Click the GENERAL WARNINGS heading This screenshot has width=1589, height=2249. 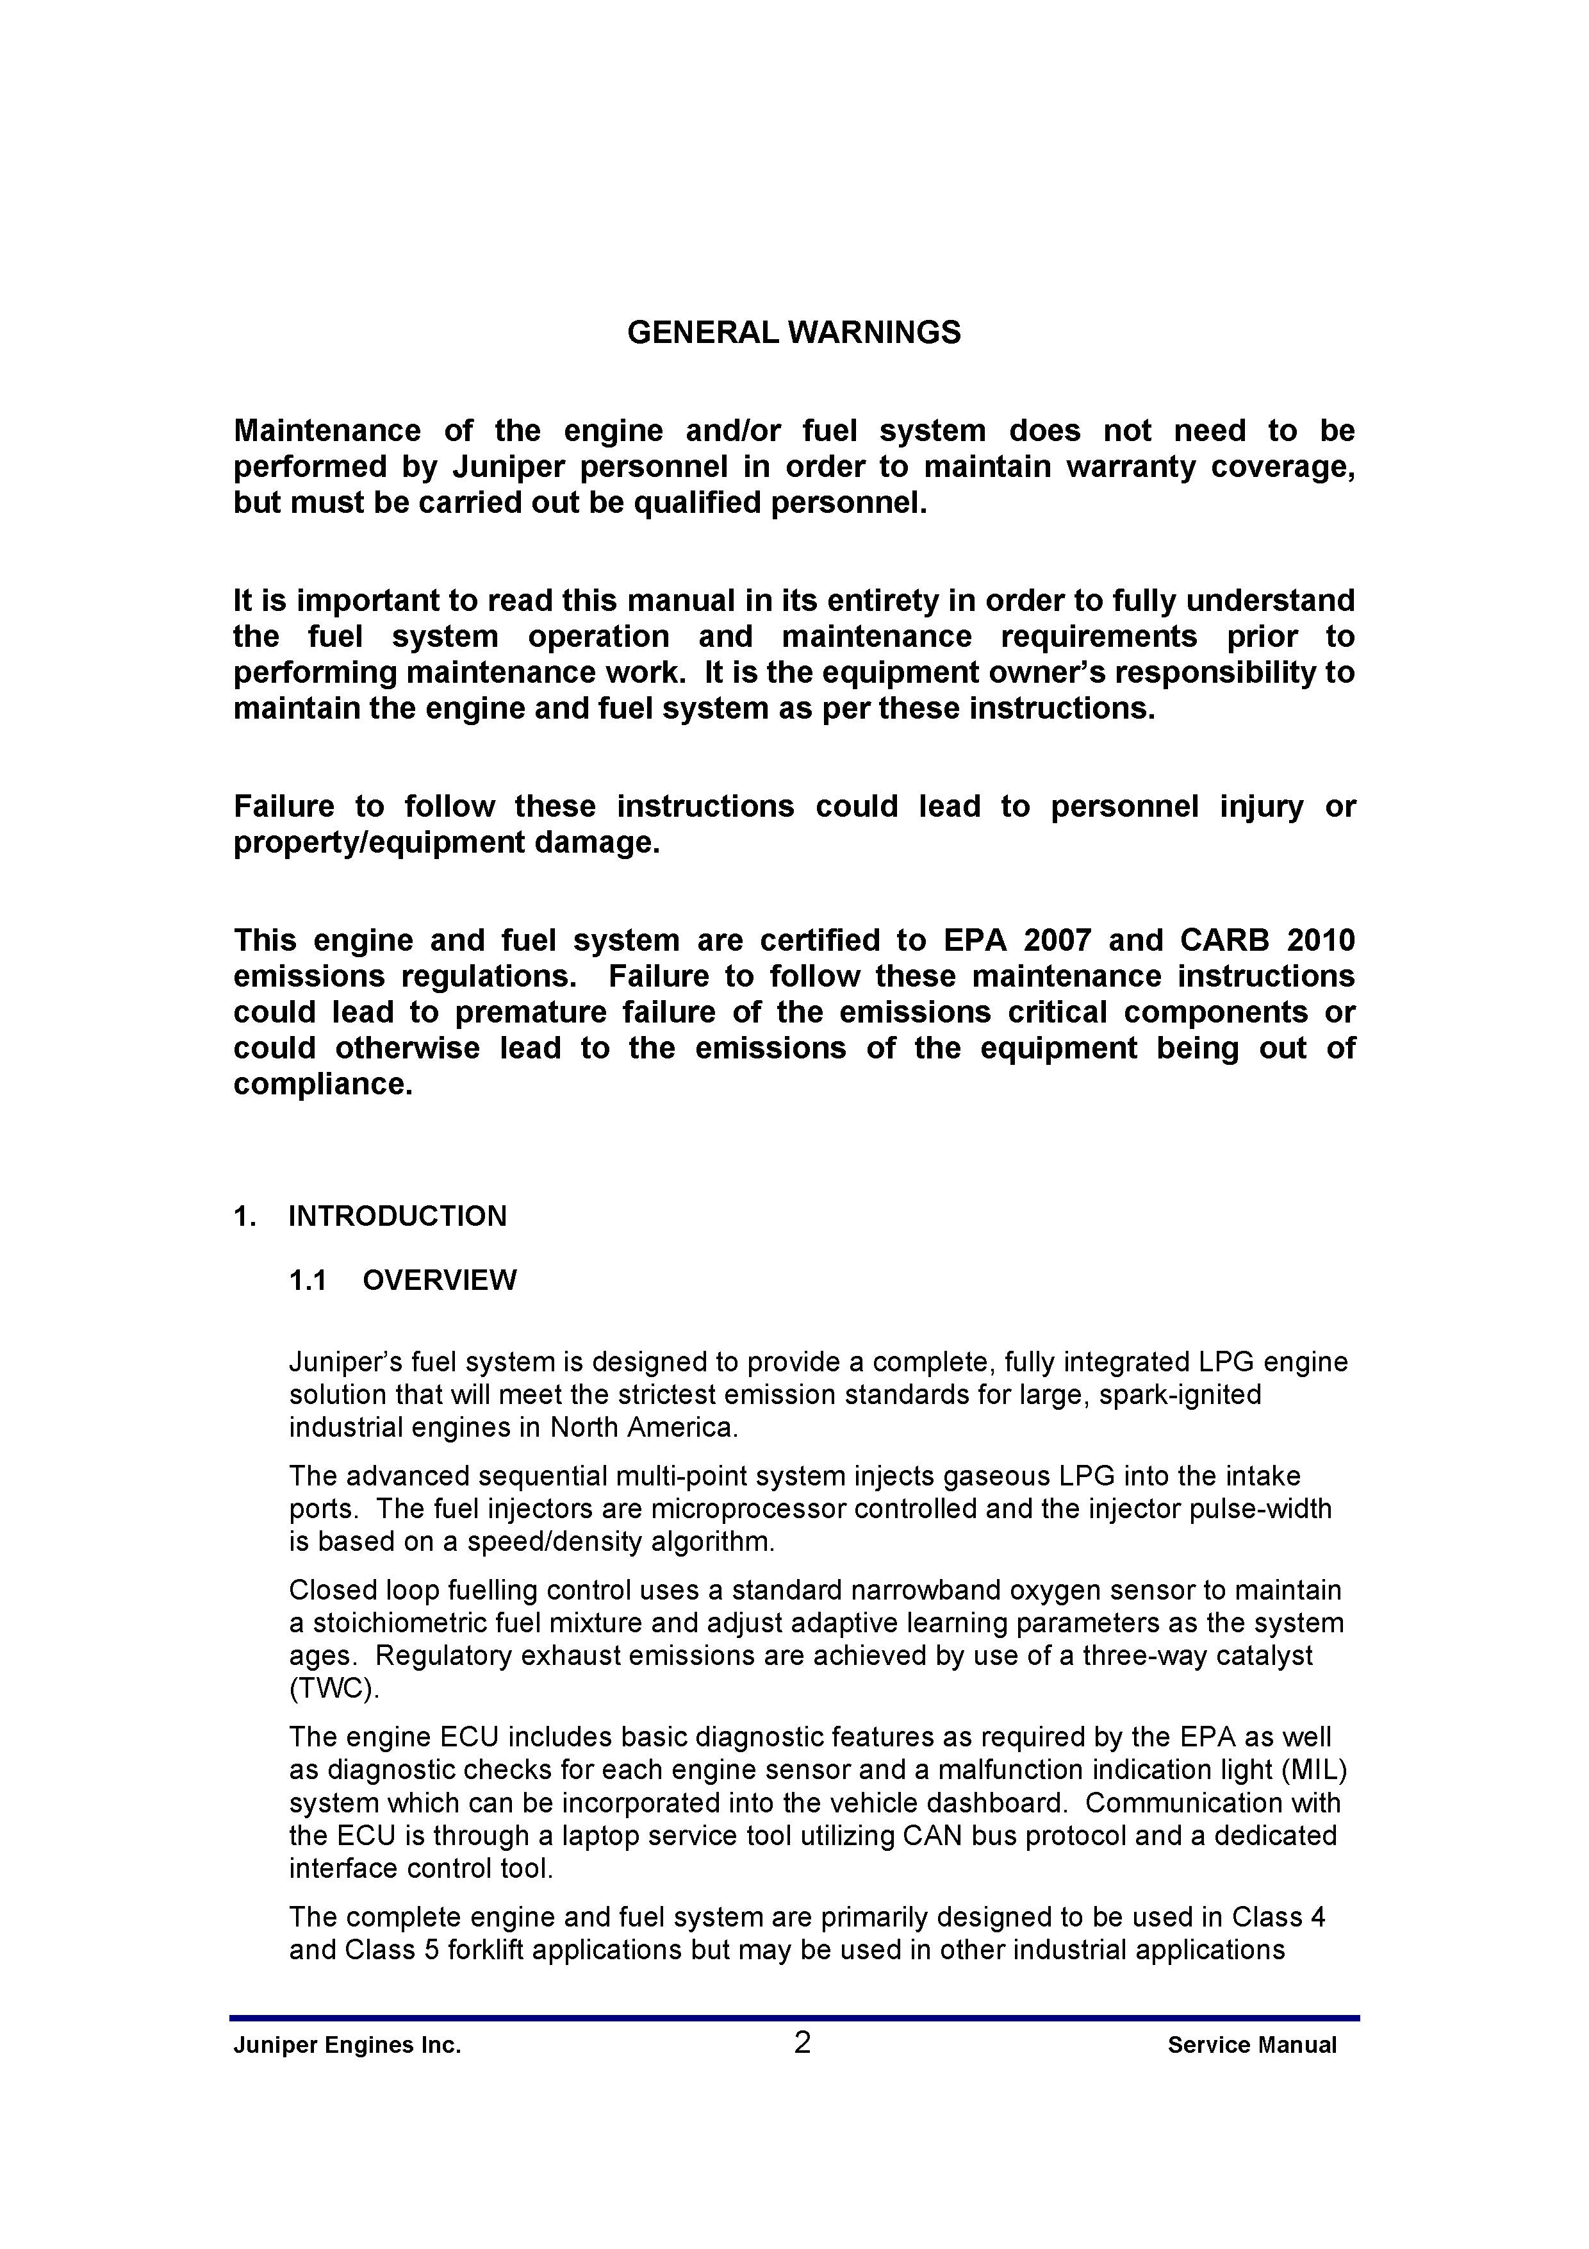coord(793,333)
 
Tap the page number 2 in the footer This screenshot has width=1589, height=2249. coord(802,2043)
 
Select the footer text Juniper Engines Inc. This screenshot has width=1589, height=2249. coord(347,2045)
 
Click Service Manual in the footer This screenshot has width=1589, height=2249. coord(1251,2045)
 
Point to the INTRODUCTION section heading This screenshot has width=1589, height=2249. coord(397,1217)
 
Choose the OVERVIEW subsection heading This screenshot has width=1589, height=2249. coord(439,1280)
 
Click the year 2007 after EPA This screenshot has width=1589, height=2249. coord(1057,941)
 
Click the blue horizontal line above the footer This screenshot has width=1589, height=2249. coord(794,2018)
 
